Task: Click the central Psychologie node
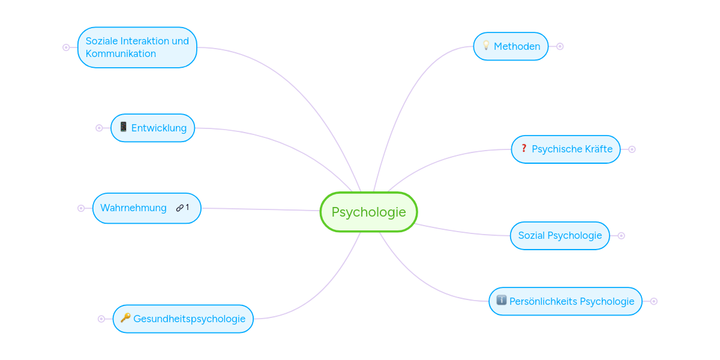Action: tap(368, 212)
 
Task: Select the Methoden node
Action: tap(517, 46)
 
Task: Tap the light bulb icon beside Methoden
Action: tap(486, 46)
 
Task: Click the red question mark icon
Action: tap(523, 148)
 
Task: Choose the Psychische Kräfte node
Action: tap(572, 149)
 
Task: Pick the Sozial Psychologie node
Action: tap(560, 236)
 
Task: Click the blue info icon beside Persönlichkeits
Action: tap(501, 301)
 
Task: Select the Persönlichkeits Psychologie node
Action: tap(571, 301)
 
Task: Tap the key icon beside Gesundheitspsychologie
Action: tap(125, 318)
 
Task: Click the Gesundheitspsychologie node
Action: tap(189, 319)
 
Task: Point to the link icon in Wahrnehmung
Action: tap(179, 208)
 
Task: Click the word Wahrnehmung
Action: tap(133, 208)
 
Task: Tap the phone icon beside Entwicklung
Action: tap(123, 127)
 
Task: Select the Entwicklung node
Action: tap(158, 128)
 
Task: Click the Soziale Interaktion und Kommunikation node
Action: tap(137, 47)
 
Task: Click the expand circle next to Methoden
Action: tap(560, 46)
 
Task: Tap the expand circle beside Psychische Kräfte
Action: tap(632, 149)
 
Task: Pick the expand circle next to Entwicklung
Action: tap(99, 128)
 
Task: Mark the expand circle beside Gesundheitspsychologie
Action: tap(101, 319)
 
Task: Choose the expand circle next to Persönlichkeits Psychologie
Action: tap(654, 301)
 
